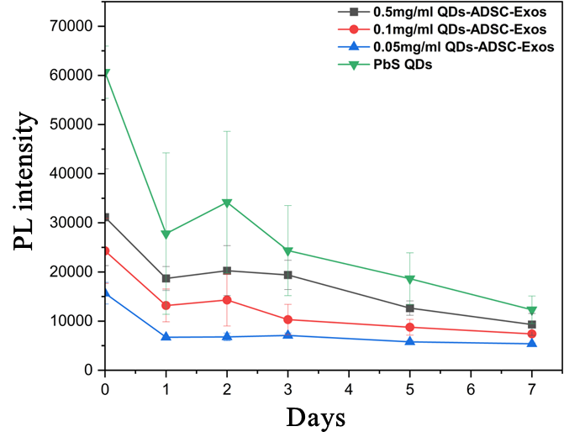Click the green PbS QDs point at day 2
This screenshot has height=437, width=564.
point(227,203)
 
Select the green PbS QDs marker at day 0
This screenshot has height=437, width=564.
point(105,73)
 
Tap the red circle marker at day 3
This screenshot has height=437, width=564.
point(288,319)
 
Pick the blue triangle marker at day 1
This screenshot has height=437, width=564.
point(166,337)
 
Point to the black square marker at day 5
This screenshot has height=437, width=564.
point(410,308)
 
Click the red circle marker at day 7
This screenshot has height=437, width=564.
point(532,334)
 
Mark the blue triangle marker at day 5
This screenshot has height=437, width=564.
point(410,341)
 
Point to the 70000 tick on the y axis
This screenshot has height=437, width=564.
point(71,26)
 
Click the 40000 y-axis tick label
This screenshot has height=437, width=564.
point(71,173)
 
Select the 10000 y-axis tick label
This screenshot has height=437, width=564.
point(71,321)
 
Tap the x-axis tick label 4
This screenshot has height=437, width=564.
point(349,389)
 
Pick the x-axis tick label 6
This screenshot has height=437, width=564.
point(471,389)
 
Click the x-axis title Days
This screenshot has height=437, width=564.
point(316,417)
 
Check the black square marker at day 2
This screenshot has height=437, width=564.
point(227,271)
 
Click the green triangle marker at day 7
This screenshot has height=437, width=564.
point(532,310)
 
